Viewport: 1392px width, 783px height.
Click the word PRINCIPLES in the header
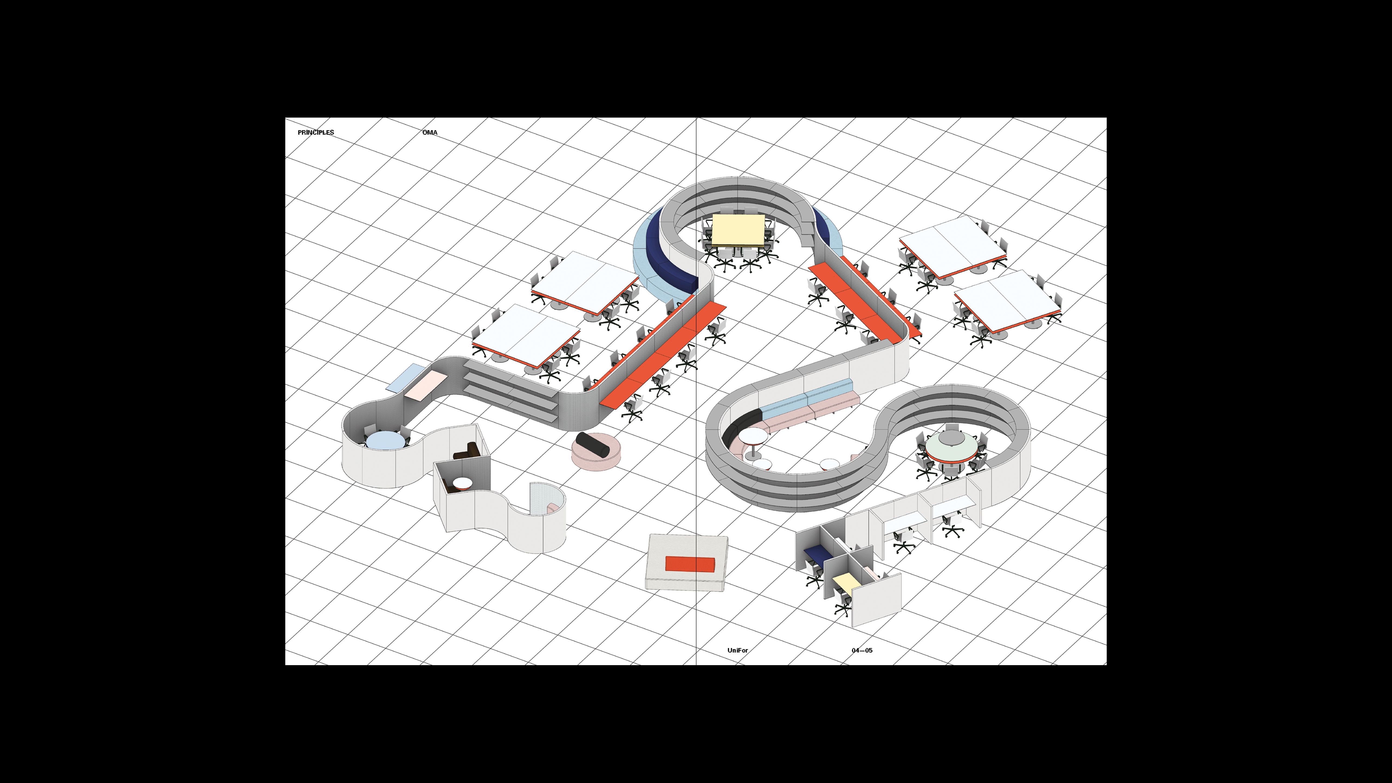click(316, 132)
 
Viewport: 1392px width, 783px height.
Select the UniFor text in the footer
click(738, 650)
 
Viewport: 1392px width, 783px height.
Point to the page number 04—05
click(862, 650)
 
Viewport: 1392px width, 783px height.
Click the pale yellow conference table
click(738, 230)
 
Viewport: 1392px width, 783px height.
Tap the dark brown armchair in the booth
click(467, 451)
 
